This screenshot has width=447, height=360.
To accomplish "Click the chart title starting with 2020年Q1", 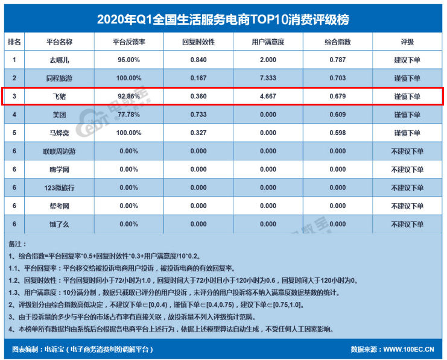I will click(x=223, y=19).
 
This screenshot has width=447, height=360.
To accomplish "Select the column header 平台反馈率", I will click(x=128, y=42).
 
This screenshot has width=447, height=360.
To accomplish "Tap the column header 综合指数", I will click(x=338, y=42).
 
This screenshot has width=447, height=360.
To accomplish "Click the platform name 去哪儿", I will click(x=60, y=60).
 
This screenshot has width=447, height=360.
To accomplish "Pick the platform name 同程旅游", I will click(x=60, y=78).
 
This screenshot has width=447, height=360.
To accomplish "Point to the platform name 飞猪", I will click(x=60, y=96).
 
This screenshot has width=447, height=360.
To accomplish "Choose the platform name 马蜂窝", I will click(x=60, y=133).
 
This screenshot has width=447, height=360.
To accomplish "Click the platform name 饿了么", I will click(x=60, y=224).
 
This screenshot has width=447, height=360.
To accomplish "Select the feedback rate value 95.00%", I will click(x=128, y=60).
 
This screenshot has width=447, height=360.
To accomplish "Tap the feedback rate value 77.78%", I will click(x=128, y=115).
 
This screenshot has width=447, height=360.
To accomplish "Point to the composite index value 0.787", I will click(x=338, y=60).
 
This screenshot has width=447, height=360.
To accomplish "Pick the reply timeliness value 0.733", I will click(x=198, y=115).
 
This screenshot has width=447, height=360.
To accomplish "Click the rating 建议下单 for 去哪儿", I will click(x=407, y=60).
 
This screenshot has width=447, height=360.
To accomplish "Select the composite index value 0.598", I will click(x=338, y=133).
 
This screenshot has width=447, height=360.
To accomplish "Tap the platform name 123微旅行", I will click(x=60, y=188).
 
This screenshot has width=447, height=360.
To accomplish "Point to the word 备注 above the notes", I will click(x=16, y=244).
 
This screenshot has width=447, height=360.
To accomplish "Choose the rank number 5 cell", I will click(x=14, y=133).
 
